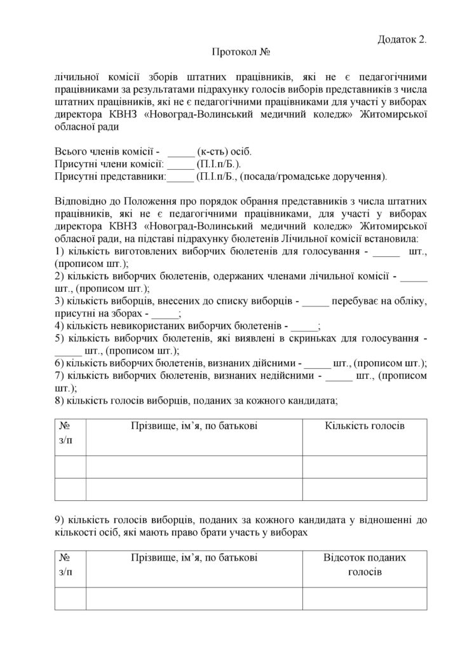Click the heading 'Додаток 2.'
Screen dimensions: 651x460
pos(402,39)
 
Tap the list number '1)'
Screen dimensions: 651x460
pos(62,252)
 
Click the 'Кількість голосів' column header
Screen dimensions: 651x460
pos(364,425)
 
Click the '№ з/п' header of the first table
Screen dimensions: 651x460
pos(67,432)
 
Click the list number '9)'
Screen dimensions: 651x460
pos(62,521)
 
